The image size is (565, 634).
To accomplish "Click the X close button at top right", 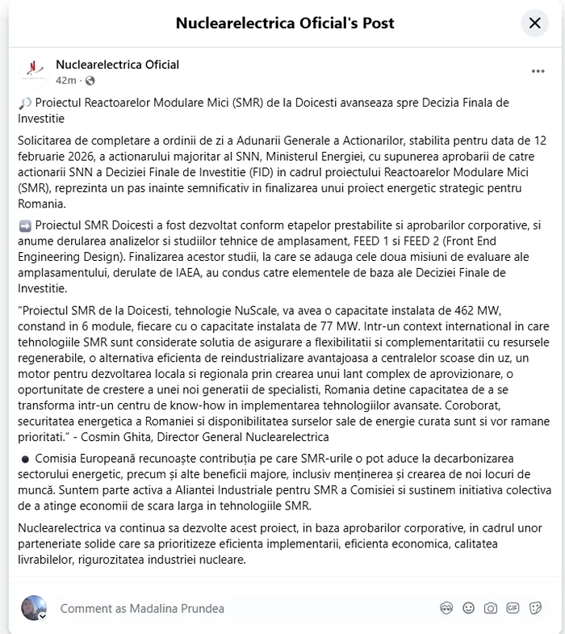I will (x=534, y=23).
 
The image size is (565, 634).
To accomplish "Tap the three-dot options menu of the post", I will (x=538, y=71).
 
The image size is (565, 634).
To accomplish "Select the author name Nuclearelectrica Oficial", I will (x=117, y=65).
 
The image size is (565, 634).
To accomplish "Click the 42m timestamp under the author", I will (x=65, y=81).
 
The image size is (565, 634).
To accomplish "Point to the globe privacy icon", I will (x=90, y=81).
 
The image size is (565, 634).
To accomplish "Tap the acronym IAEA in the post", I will (x=245, y=273).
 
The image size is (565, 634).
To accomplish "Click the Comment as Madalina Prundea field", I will (x=142, y=608).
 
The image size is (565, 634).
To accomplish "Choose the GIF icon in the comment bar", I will (x=513, y=608).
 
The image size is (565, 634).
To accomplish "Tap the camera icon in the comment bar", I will (x=490, y=608).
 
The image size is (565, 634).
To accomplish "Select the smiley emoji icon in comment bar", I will (x=468, y=608).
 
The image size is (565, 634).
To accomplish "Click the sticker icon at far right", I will (x=534, y=608).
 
